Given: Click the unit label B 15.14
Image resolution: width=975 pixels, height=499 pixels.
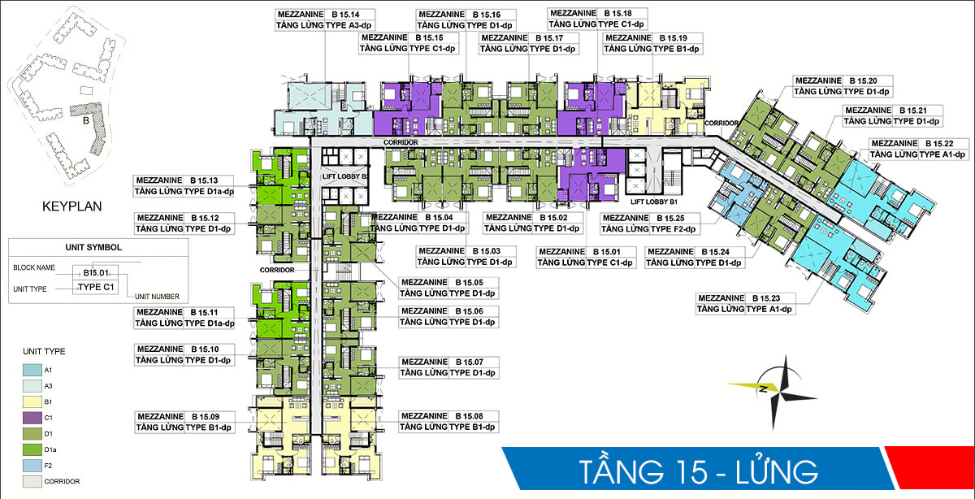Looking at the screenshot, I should pyautogui.click(x=345, y=14).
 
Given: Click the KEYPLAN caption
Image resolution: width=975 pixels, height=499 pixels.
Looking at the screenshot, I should pyautogui.click(x=71, y=206).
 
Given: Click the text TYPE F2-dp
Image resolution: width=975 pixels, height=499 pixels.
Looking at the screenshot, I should pyautogui.click(x=675, y=229).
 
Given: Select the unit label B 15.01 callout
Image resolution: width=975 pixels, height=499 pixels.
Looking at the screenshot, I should pyautogui.click(x=605, y=251).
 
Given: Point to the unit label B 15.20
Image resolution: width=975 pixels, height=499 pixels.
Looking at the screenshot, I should pyautogui.click(x=865, y=80).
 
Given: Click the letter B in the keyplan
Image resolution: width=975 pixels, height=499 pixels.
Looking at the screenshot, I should pyautogui.click(x=84, y=123).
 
